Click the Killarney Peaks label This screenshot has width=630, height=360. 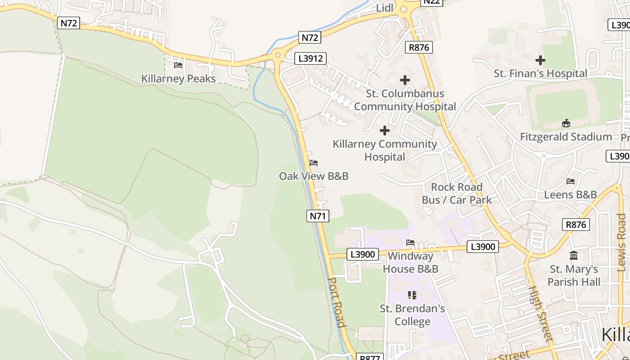tap(178, 78)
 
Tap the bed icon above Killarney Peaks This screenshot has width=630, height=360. tap(178, 65)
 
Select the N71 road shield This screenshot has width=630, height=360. tap(318, 216)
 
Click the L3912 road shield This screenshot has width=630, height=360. tap(310, 58)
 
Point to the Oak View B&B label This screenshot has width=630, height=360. tap(314, 176)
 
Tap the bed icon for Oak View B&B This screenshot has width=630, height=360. tap(314, 163)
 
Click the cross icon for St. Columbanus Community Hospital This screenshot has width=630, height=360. tap(405, 80)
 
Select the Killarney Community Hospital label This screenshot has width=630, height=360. tap(385, 150)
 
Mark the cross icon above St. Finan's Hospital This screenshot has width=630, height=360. tap(540, 60)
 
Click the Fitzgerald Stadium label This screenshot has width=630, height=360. tap(566, 137)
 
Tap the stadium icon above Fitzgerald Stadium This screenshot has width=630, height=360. tap(566, 123)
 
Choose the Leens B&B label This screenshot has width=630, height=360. tap(570, 194)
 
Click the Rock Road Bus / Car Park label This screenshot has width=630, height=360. tap(457, 193)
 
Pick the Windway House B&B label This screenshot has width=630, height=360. tap(410, 262)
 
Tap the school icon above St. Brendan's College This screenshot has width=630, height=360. tap(412, 295)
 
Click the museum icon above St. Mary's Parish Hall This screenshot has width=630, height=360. tap(574, 256)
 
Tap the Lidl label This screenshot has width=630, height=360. tap(385, 8)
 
